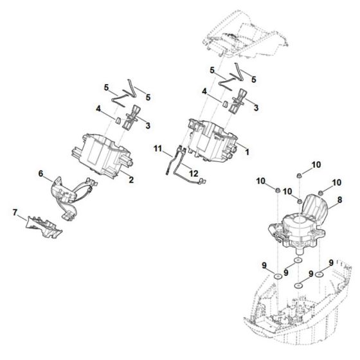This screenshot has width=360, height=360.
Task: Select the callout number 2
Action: click(130, 181)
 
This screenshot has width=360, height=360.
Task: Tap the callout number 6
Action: click(41, 174)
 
